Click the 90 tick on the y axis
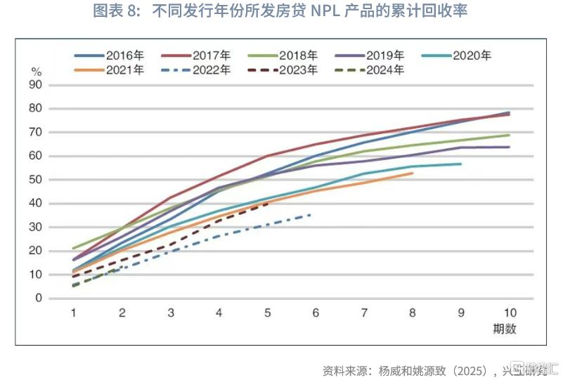click(54, 85)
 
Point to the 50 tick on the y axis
click(54, 180)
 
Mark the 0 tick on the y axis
click(58, 299)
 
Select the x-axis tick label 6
click(316, 313)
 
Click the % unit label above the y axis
click(37, 72)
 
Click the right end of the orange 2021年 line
click(413, 173)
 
